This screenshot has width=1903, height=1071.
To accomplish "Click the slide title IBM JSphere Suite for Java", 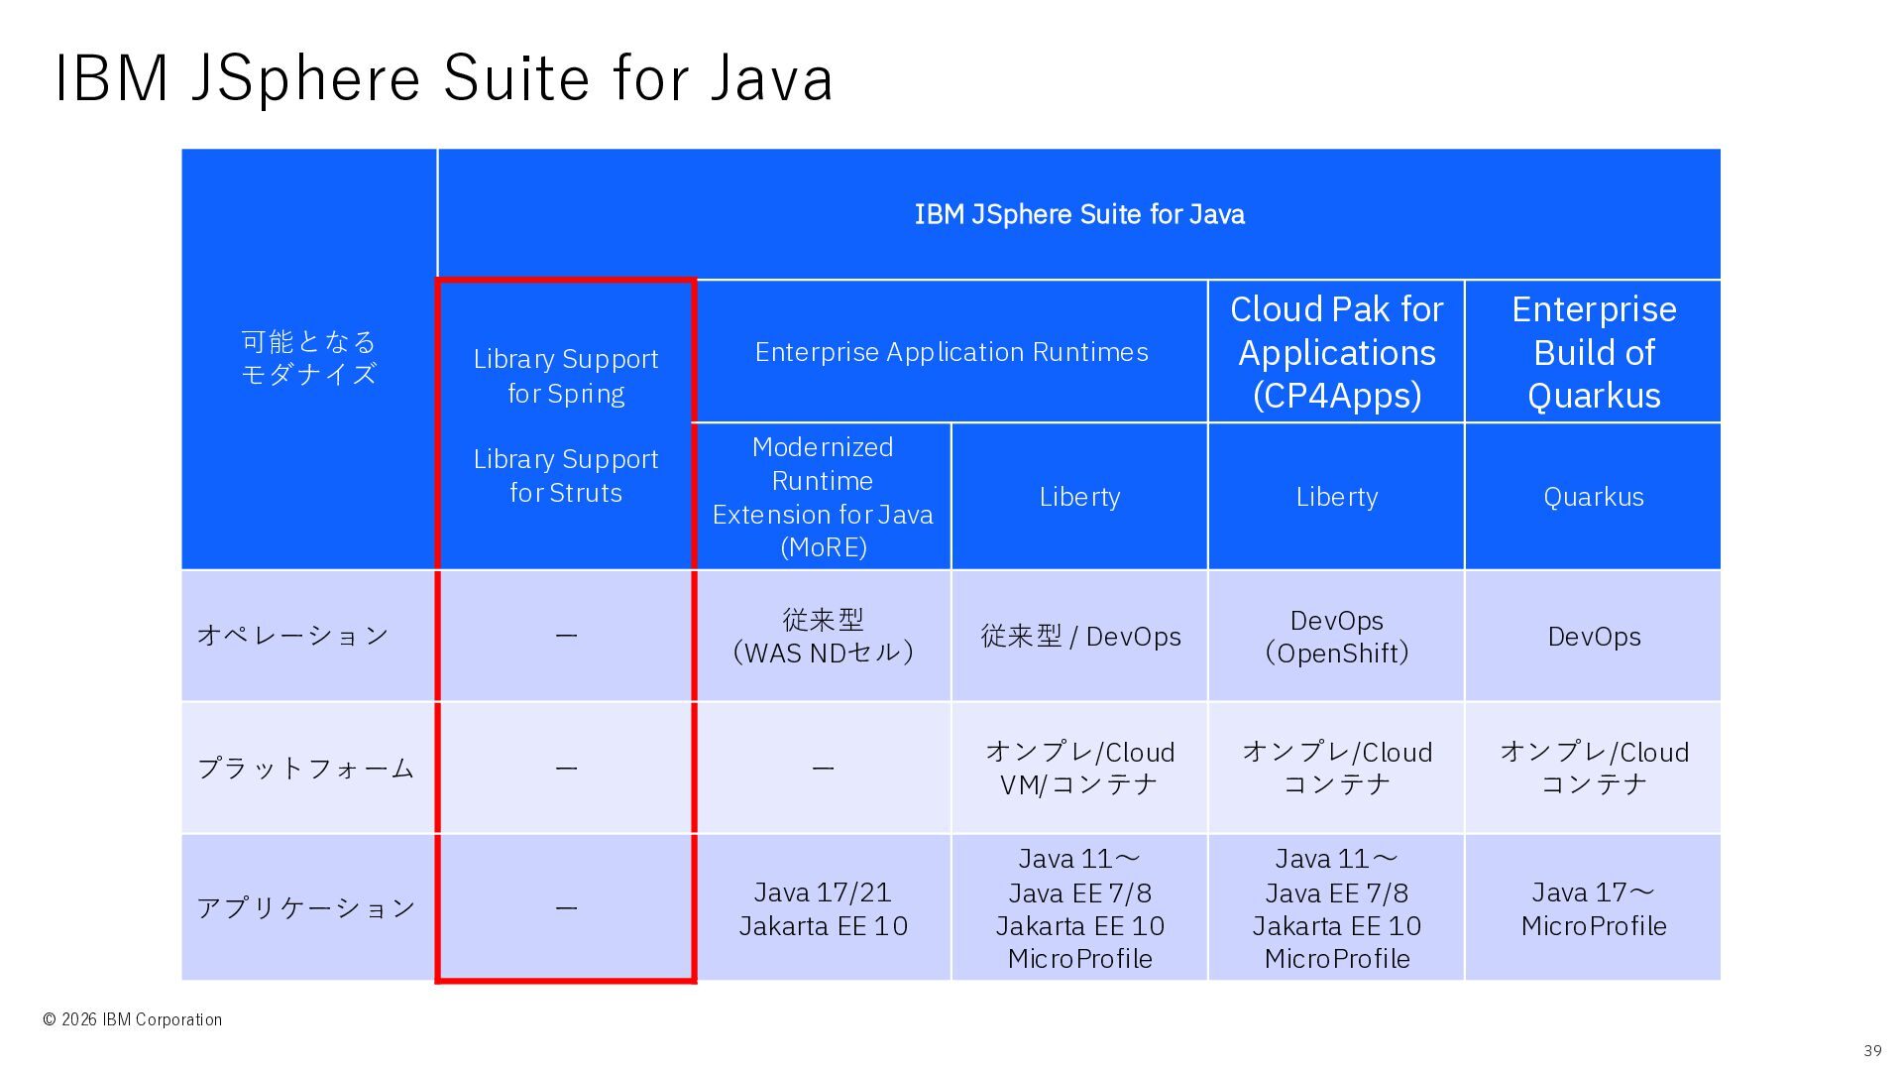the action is click(x=443, y=77).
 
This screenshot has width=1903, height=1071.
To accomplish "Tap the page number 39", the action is click(x=1872, y=1050).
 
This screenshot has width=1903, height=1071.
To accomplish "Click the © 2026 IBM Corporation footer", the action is click(x=132, y=1019).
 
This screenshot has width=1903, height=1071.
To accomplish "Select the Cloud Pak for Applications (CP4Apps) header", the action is click(x=1336, y=352).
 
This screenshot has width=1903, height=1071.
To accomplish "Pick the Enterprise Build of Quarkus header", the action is click(x=1593, y=352).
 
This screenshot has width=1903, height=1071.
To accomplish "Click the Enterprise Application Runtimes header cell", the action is click(x=951, y=352).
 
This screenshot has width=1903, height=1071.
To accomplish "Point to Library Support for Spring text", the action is click(x=566, y=376).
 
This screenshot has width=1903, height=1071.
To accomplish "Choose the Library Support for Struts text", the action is click(x=566, y=476).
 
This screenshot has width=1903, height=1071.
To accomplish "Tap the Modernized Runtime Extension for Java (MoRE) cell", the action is click(x=823, y=497).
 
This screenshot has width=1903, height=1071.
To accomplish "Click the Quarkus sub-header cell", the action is click(x=1593, y=497).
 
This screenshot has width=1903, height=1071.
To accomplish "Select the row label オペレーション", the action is click(x=292, y=636).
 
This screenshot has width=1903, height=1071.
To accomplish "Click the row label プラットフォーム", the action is click(x=305, y=768).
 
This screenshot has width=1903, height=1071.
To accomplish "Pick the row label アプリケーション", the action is click(x=305, y=907).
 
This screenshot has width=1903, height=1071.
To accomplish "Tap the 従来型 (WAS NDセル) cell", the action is click(x=823, y=636).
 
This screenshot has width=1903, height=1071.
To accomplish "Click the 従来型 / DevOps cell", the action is click(x=1079, y=636).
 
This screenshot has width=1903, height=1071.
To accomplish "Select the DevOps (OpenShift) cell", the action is click(x=1336, y=636).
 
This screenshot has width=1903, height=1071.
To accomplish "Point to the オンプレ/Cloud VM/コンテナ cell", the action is click(x=1079, y=768).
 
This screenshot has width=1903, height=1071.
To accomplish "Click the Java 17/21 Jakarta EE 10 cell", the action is click(x=823, y=908).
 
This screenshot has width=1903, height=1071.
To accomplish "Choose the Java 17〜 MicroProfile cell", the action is click(x=1593, y=908).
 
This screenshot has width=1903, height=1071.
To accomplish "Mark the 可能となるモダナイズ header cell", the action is click(x=309, y=358).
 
